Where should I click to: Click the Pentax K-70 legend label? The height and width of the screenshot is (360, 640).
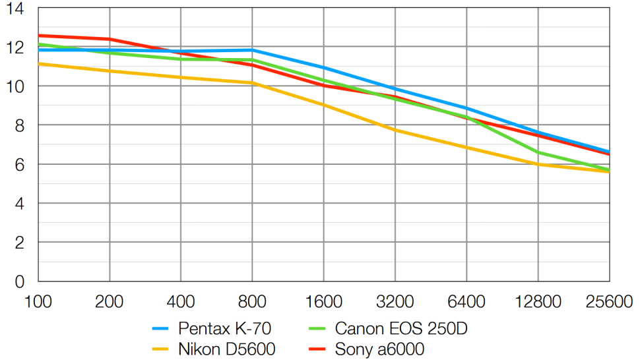click(224, 328)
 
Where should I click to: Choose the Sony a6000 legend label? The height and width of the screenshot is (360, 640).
click(379, 349)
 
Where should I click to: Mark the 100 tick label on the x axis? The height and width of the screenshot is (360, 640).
click(38, 302)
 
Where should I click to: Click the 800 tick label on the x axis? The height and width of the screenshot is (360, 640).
click(252, 302)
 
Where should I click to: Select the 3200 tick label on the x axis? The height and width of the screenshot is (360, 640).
click(395, 302)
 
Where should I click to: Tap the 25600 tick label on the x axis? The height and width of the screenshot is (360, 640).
click(608, 302)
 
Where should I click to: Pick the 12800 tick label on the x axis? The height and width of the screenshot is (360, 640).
click(538, 302)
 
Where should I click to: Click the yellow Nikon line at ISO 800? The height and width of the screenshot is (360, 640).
click(252, 83)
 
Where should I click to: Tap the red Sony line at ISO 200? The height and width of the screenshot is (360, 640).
click(110, 39)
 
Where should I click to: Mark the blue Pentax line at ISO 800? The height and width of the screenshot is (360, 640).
click(252, 50)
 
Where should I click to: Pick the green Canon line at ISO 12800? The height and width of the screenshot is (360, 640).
click(538, 152)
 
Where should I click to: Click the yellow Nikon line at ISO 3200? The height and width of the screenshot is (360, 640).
click(395, 130)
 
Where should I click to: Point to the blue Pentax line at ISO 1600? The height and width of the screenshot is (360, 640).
click(323, 67)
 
